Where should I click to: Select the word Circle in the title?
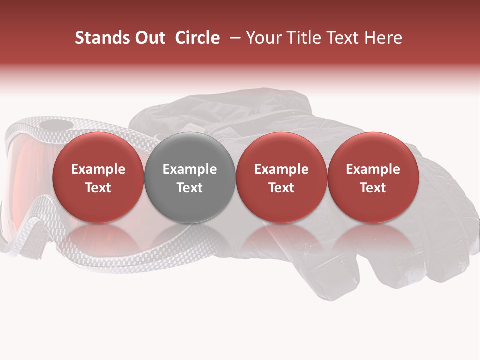[x=197, y=38]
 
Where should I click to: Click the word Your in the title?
[x=263, y=38]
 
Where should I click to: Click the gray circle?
[x=190, y=177]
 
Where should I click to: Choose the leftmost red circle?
[x=98, y=177]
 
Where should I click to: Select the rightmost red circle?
[x=373, y=177]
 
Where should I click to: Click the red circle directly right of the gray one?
[x=281, y=177]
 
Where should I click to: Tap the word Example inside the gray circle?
[x=190, y=169]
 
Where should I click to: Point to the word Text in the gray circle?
[x=190, y=188]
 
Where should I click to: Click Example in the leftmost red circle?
[x=98, y=169]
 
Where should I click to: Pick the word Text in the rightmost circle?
[x=373, y=188]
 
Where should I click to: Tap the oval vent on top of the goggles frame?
[x=55, y=124]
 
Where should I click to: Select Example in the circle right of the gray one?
[x=281, y=169]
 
